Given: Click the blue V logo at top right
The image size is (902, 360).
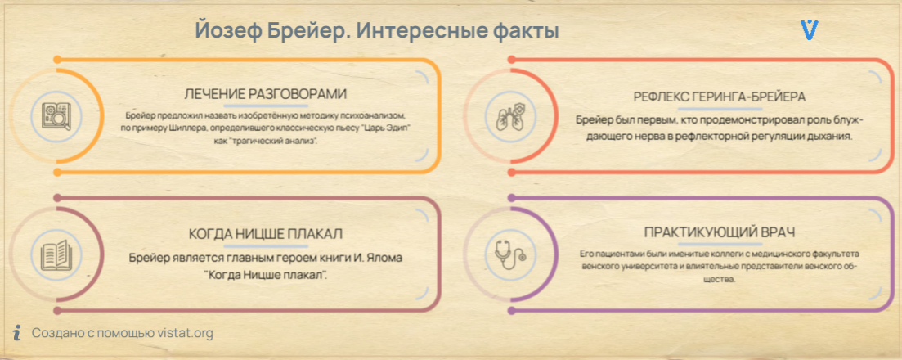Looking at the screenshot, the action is [x=810, y=29].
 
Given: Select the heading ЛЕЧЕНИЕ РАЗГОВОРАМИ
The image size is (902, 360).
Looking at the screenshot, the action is [x=266, y=94].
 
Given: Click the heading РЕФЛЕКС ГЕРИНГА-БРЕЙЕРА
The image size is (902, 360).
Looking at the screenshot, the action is [x=719, y=97].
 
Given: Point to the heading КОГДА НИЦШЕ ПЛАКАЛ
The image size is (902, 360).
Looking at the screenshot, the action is [x=266, y=235].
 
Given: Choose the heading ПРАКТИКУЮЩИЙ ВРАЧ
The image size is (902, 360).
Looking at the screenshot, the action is [x=719, y=233].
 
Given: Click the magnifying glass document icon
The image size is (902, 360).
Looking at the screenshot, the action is [x=56, y=116].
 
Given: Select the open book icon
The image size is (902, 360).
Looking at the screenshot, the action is [x=56, y=254].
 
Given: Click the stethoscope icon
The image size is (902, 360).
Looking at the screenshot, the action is [x=509, y=254].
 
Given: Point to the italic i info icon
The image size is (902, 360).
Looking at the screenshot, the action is [x=17, y=332].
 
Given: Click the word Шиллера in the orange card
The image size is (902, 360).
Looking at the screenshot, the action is [x=173, y=128].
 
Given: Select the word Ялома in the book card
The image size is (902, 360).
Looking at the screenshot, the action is [x=384, y=258].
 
